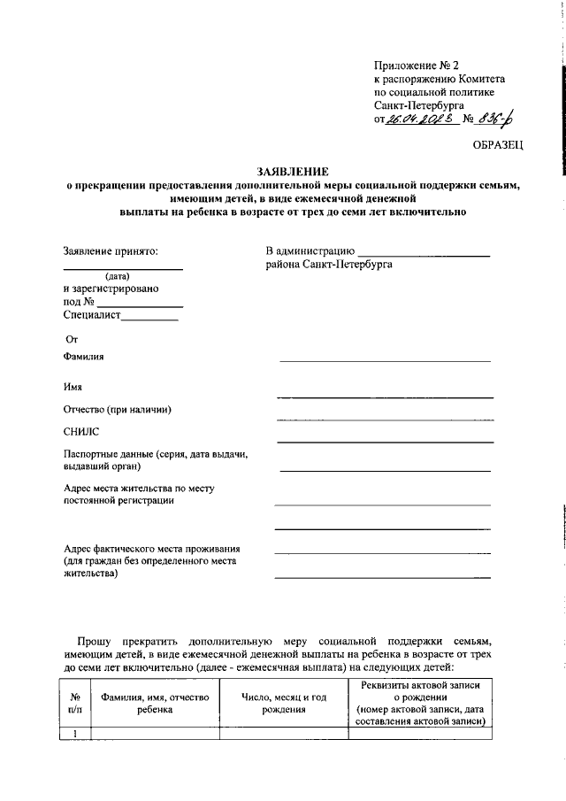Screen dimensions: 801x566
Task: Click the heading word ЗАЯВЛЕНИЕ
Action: pyautogui.click(x=292, y=171)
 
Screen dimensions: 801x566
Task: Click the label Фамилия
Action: pyautogui.click(x=84, y=357)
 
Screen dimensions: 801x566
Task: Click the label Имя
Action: pyautogui.click(x=73, y=386)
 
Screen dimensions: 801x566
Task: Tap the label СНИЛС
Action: pyautogui.click(x=82, y=431)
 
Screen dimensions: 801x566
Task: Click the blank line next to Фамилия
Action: pyautogui.click(x=385, y=359)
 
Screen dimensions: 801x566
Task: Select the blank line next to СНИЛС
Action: pyautogui.click(x=385, y=440)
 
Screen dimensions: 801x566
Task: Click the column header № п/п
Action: pyautogui.click(x=75, y=703)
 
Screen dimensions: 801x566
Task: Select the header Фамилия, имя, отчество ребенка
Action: pyautogui.click(x=155, y=703)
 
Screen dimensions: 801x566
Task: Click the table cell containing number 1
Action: pyautogui.click(x=75, y=733)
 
